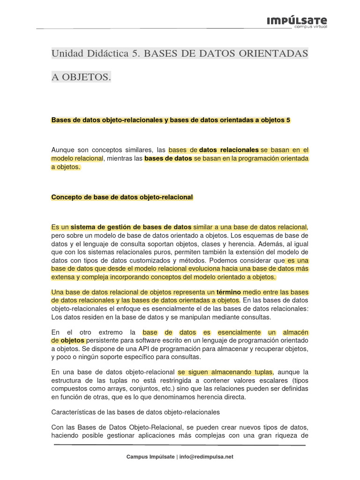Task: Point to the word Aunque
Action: pos(63,150)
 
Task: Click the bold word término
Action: pos(229,292)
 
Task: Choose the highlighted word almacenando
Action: pos(232,372)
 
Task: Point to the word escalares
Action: pos(268,381)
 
